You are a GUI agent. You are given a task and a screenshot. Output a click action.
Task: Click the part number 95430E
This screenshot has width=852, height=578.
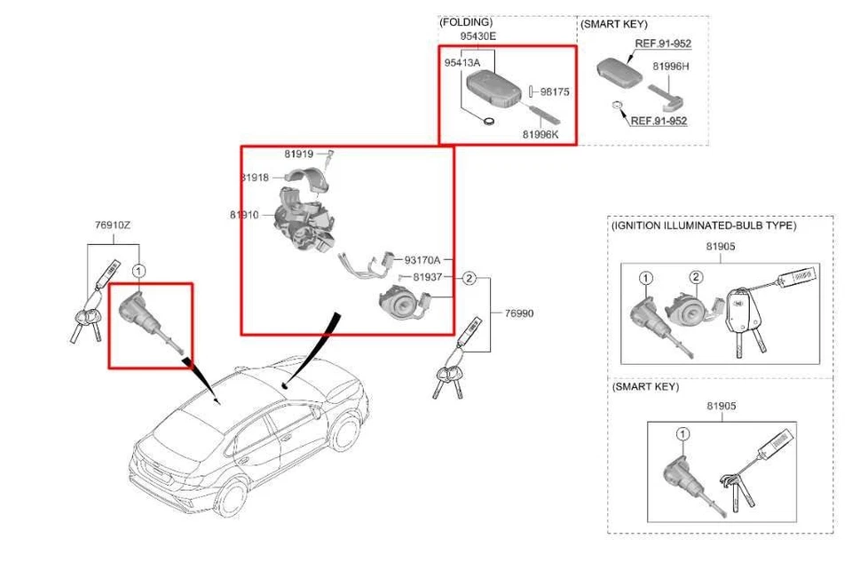(x=477, y=36)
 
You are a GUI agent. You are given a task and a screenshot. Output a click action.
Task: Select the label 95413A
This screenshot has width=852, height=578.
(x=461, y=63)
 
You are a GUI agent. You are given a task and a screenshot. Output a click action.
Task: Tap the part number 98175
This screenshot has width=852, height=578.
(x=555, y=91)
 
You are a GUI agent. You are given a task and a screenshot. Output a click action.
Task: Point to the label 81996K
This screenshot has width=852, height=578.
(x=540, y=134)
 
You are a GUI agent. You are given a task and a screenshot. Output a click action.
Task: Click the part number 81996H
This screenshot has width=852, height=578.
(x=671, y=66)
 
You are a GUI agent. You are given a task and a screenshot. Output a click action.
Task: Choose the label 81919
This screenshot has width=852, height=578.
(x=298, y=154)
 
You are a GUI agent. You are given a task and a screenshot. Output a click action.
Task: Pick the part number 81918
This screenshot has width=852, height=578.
(x=255, y=178)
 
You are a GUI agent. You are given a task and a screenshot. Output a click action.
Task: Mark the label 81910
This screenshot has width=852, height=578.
(x=243, y=215)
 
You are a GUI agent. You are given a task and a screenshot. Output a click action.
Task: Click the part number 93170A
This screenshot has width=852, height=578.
(x=422, y=260)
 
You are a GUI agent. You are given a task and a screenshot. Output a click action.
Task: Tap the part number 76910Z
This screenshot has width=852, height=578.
(x=112, y=226)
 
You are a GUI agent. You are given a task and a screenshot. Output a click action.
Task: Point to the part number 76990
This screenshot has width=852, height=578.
(x=519, y=313)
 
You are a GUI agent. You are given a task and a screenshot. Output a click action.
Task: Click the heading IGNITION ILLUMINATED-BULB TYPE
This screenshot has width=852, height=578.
(x=704, y=226)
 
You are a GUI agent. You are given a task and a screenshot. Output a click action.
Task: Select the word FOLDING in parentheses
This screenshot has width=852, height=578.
(x=466, y=22)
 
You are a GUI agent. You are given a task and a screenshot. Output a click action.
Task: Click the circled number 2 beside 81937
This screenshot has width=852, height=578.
(x=469, y=278)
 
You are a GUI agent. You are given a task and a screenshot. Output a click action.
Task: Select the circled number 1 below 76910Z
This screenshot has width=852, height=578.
(x=138, y=269)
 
